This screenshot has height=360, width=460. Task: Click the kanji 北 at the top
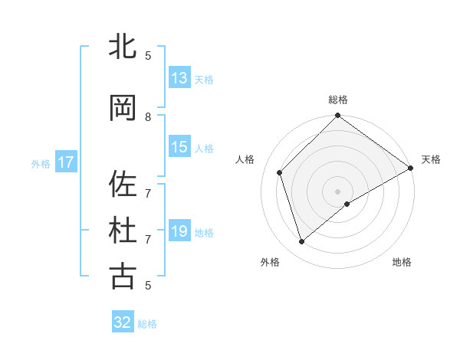click(123, 47)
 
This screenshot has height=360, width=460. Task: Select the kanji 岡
click(123, 108)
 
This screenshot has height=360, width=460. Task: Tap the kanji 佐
click(123, 184)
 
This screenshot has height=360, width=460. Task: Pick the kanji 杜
click(123, 231)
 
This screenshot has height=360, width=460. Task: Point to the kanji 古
click(123, 277)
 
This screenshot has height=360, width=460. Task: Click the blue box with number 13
click(179, 78)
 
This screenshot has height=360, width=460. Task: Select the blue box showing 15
click(179, 147)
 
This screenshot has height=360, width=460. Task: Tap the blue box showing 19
click(179, 231)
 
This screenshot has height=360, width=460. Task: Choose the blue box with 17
click(66, 162)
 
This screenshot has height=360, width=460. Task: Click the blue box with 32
click(123, 322)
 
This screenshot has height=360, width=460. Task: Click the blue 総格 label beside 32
click(147, 324)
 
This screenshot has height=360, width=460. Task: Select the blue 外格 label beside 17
click(41, 163)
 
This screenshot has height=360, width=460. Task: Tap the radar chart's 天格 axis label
click(431, 159)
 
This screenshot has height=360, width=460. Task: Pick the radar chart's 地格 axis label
click(402, 262)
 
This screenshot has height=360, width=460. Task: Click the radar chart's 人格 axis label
click(245, 159)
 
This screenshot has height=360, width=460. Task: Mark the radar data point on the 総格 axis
click(337, 116)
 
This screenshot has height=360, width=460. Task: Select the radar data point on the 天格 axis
click(411, 168)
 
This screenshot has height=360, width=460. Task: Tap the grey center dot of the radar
click(337, 191)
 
